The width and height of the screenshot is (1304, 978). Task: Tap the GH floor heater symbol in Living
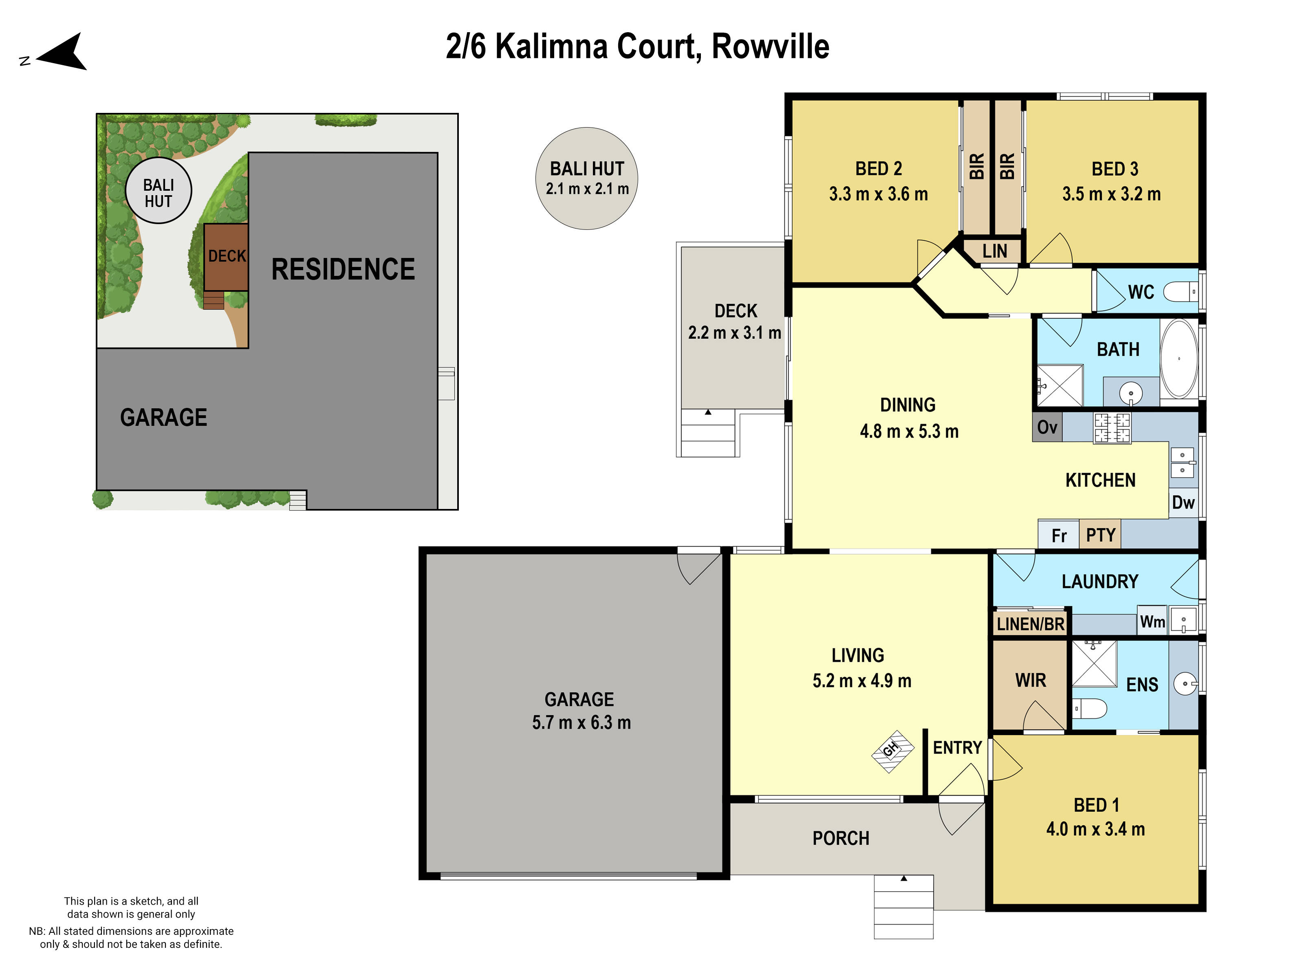click(x=892, y=751)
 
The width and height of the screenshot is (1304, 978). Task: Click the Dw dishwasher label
click(x=1183, y=503)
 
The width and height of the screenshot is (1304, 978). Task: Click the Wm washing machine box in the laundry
click(x=1152, y=622)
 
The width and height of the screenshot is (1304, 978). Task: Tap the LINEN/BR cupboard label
click(x=1031, y=624)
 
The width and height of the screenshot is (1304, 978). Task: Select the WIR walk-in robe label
click(x=1031, y=680)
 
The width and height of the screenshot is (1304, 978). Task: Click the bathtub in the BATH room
click(x=1179, y=359)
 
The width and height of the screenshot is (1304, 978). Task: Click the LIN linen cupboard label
click(x=995, y=251)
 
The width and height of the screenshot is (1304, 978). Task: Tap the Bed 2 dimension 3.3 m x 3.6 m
click(x=879, y=194)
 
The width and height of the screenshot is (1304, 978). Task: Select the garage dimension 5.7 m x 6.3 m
click(x=581, y=723)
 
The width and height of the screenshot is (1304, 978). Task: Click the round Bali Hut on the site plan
click(x=159, y=190)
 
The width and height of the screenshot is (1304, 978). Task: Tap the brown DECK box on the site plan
click(x=227, y=256)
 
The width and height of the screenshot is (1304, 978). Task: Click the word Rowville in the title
click(x=771, y=46)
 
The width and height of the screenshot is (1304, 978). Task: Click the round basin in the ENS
click(x=1185, y=684)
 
